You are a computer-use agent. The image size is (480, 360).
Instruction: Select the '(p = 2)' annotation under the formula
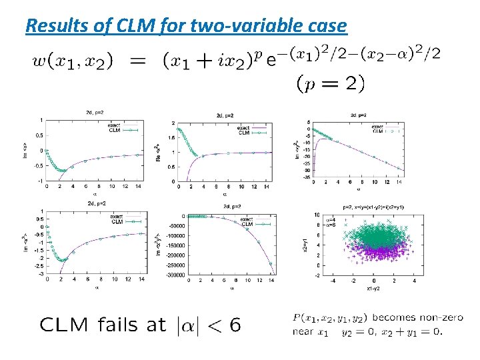[x=331, y=83]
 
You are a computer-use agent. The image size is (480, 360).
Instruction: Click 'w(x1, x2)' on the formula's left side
[x=72, y=61]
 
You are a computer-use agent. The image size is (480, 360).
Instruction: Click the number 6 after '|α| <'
[x=234, y=325]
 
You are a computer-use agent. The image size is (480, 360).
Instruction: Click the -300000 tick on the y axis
[x=173, y=275]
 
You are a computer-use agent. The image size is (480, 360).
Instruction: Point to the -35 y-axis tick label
[x=306, y=177]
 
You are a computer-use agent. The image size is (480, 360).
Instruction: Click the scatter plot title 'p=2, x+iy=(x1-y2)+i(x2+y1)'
[x=373, y=207]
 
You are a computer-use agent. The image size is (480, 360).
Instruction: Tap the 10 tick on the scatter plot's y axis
[x=317, y=214]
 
